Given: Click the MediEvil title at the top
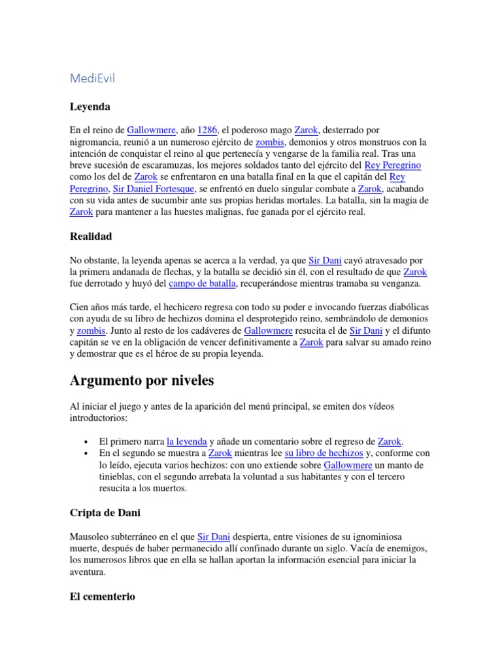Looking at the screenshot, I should tap(92, 78).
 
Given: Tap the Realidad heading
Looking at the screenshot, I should tap(91, 236).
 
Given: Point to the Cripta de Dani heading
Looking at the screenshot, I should tap(105, 512).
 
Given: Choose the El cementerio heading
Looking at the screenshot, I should tap(103, 596).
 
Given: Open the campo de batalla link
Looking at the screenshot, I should tap(203, 284).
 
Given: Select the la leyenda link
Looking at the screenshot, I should tap(187, 441).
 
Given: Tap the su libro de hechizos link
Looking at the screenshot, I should tap(324, 453).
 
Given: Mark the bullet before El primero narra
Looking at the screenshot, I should tap(86, 442).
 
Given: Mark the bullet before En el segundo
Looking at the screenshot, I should tap(86, 453).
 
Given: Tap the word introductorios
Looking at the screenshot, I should tap(100, 417).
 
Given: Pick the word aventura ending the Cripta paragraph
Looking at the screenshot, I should tap(88, 572).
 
